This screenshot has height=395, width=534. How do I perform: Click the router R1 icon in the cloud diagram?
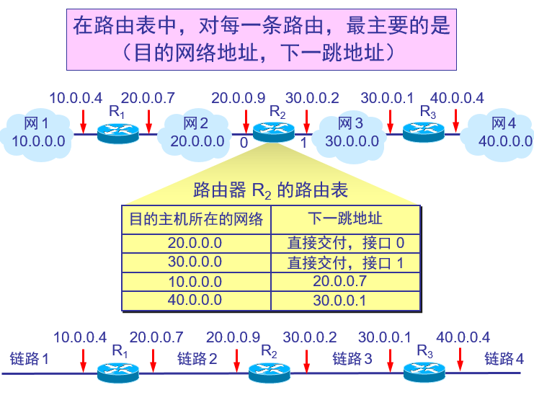pyautogui.click(x=117, y=131)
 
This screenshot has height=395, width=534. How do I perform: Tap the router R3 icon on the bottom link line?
pyautogui.click(x=423, y=371)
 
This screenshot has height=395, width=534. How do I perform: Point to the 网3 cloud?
pyautogui.click(x=350, y=132)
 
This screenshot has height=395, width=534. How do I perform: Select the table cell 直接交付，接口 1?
pyautogui.click(x=345, y=262)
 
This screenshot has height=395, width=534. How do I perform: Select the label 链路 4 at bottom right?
pyautogui.click(x=504, y=358)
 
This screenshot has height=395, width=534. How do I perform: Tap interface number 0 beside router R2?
pyautogui.click(x=244, y=143)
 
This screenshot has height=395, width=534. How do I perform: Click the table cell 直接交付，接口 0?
pyautogui.click(x=345, y=243)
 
